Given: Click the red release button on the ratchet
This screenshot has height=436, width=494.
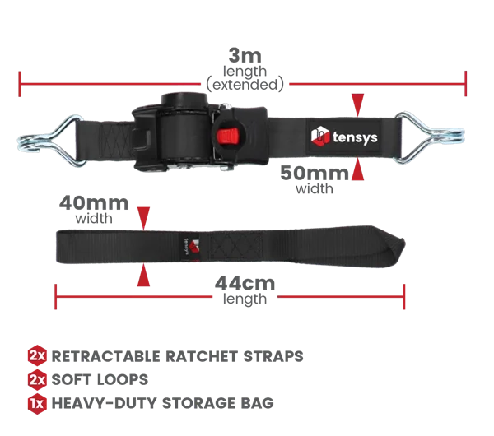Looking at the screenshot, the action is [227, 136].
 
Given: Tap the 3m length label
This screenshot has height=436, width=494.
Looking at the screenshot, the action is [245, 69].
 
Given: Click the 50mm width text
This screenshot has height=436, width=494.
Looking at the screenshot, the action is [315, 179].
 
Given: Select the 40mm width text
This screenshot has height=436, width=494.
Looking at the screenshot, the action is [94, 209].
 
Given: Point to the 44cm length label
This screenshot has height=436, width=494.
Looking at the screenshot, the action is [245, 290].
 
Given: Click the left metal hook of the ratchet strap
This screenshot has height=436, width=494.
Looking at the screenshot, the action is [50, 140].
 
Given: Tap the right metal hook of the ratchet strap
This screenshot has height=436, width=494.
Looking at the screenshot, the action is [429, 137].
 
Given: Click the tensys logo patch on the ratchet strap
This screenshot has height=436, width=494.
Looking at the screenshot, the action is [344, 137].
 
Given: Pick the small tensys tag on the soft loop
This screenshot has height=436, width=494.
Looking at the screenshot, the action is [191, 247].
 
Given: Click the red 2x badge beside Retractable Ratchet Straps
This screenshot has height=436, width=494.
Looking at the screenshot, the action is [37, 355].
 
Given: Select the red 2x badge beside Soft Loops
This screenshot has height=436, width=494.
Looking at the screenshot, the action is [37, 379].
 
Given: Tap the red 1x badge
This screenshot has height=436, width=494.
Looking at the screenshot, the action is [37, 403].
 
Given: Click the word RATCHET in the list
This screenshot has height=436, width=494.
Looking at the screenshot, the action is [202, 356].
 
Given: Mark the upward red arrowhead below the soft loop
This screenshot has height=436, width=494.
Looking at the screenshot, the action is [143, 275].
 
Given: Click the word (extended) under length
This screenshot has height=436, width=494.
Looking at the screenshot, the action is [245, 85].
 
